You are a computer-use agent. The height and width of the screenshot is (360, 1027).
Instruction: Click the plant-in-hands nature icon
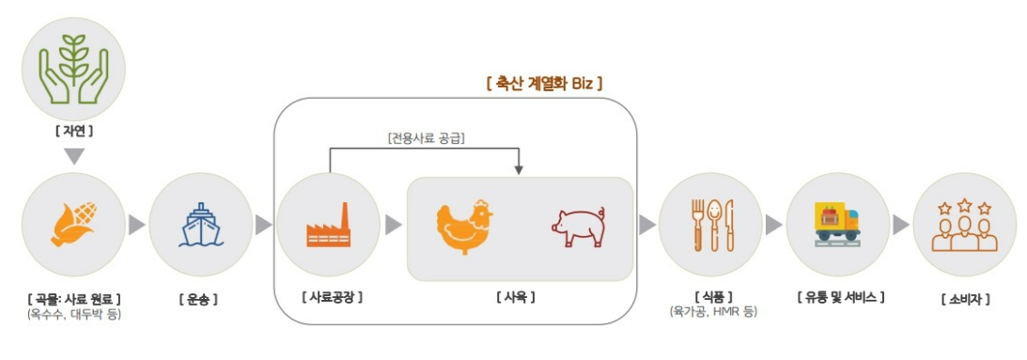point(73,68)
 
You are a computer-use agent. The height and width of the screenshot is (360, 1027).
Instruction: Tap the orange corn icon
point(73,225)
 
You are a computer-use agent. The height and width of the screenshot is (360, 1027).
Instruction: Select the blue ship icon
point(200,225)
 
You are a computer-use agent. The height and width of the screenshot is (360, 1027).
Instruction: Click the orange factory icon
point(328,226)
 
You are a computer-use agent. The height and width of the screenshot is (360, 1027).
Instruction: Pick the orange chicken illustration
point(464,226)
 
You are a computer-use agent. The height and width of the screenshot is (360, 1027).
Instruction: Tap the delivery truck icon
point(837,225)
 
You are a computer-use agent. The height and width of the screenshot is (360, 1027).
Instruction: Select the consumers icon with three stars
point(964,226)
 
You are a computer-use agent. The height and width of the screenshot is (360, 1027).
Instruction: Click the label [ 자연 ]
point(73,132)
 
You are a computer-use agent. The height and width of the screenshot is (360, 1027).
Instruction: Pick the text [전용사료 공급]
point(427,138)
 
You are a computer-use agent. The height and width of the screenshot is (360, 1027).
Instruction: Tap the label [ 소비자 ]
point(965,299)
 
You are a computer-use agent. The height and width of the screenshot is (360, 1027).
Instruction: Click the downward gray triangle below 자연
point(74,156)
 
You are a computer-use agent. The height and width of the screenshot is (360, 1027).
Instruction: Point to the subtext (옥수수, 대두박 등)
point(74,314)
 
